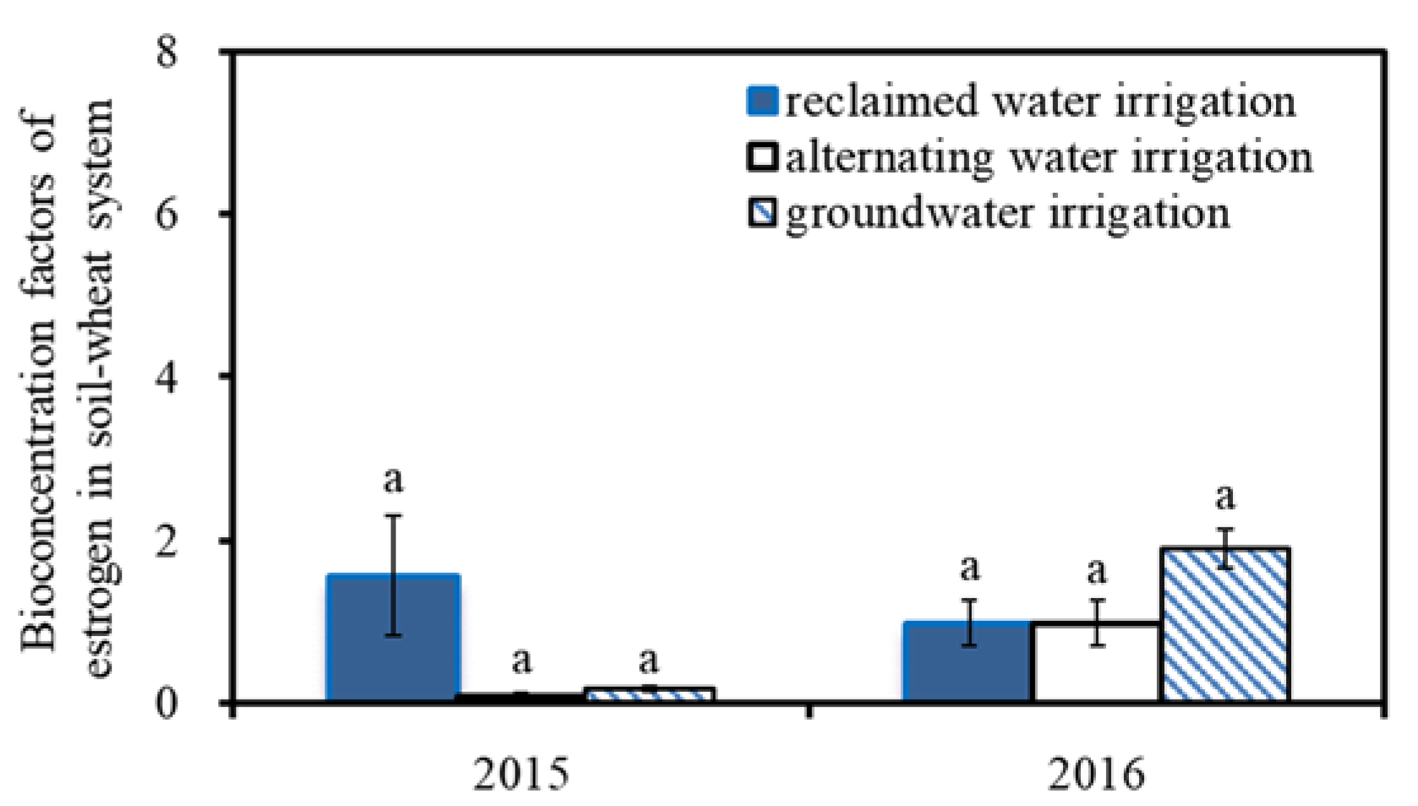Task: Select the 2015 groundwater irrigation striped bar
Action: click(650, 694)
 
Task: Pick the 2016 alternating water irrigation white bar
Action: click(1097, 662)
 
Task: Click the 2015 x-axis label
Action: click(521, 774)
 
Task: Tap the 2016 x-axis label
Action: click(1096, 774)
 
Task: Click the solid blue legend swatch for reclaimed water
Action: click(763, 101)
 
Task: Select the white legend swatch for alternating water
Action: click(763, 157)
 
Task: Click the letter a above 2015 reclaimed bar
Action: click(393, 480)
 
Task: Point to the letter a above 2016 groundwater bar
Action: click(1225, 497)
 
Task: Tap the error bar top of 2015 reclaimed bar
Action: click(394, 516)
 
